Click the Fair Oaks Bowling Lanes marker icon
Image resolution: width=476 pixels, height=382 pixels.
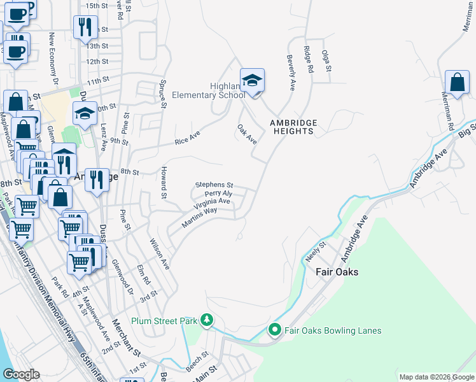275,330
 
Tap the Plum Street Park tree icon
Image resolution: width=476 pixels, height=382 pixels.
206,320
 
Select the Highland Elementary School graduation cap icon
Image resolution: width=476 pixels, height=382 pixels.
252,80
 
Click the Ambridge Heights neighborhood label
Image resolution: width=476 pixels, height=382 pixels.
292,127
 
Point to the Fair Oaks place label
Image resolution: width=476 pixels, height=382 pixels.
337,272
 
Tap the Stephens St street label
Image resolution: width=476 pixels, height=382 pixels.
214,185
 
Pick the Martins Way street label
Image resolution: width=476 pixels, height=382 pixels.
200,216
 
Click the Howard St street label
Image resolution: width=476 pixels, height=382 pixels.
164,181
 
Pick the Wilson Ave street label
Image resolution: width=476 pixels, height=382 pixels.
159,254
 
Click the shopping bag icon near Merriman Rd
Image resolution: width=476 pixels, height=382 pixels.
457,82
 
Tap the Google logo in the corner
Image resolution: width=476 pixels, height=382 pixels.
21,374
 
